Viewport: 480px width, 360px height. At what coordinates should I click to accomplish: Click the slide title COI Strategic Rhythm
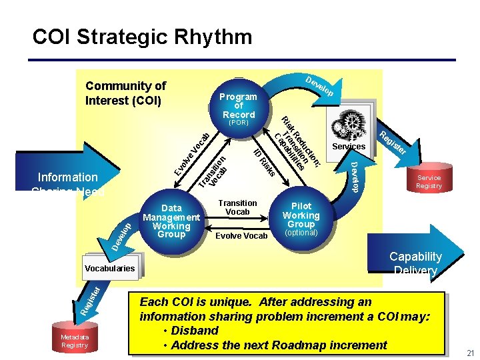click(142, 37)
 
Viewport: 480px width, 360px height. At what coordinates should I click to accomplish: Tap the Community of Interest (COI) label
click(125, 93)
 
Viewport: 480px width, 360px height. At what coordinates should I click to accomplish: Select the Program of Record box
click(239, 106)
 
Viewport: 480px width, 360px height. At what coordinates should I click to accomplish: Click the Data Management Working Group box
click(171, 221)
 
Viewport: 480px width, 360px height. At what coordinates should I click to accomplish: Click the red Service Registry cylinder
click(429, 181)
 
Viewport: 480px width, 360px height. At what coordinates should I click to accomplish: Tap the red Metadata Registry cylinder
click(74, 341)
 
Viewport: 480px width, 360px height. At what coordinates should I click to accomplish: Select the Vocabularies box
click(109, 269)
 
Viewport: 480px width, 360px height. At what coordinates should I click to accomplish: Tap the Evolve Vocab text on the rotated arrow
click(191, 151)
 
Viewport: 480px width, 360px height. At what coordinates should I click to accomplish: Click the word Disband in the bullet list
click(195, 331)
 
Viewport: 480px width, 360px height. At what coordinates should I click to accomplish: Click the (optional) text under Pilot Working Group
click(301, 233)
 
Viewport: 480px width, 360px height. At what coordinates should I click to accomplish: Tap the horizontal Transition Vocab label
click(237, 207)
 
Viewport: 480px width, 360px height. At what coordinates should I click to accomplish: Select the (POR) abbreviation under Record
click(238, 123)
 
